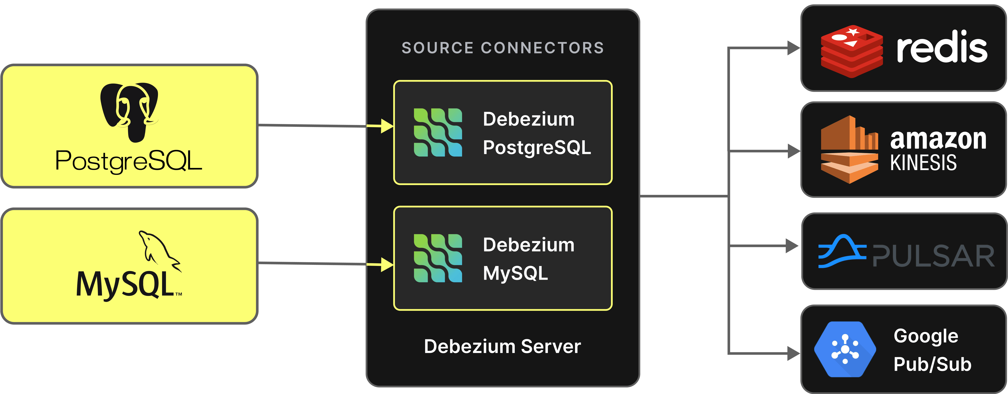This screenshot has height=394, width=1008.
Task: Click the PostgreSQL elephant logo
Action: click(129, 112)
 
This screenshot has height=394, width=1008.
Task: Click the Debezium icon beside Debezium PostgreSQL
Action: click(438, 132)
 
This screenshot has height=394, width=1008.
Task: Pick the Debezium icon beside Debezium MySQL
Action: click(438, 258)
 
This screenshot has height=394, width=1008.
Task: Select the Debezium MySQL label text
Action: click(528, 259)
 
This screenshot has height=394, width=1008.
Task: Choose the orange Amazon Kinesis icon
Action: click(849, 150)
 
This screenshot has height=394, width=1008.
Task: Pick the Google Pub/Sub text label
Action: click(932, 350)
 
